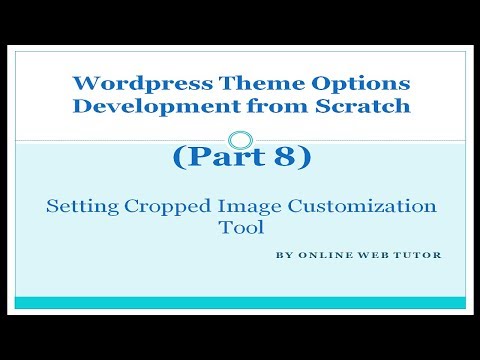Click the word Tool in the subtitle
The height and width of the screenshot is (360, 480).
tap(241, 227)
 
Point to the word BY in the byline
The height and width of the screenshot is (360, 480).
tap(281, 255)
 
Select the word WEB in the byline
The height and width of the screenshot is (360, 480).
tap(366, 255)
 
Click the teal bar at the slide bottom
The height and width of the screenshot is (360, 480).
tap(240, 302)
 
